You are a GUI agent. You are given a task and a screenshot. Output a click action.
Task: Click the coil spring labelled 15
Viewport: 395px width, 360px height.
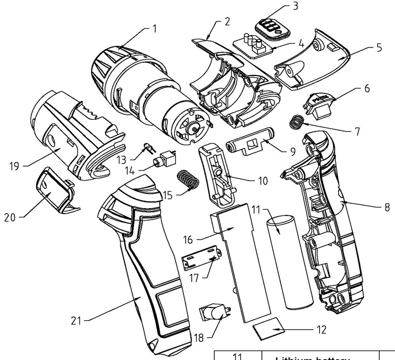[x=188, y=180]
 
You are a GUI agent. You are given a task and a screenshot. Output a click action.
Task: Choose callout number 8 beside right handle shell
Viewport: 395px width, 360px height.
[x=387, y=208]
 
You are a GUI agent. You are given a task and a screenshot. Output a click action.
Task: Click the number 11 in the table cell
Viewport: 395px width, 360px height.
[x=238, y=356]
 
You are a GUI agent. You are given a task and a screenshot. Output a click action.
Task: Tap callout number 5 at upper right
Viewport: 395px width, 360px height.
[x=378, y=47]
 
